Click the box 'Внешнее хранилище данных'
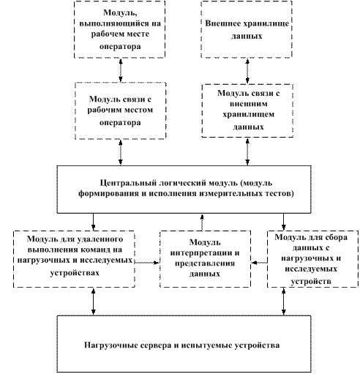(x=247, y=29)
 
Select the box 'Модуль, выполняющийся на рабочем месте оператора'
(x=120, y=29)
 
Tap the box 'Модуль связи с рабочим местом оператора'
(x=121, y=111)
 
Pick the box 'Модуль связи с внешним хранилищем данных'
(x=247, y=111)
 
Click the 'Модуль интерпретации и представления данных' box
(x=205, y=259)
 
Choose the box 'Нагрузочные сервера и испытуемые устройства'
(x=184, y=344)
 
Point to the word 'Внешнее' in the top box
(x=220, y=23)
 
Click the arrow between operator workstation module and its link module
(x=121, y=70)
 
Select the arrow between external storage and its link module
(x=247, y=71)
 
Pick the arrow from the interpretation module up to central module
(x=202, y=222)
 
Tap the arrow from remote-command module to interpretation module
(x=147, y=263)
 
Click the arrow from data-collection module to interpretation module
(x=259, y=263)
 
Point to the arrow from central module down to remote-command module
(x=93, y=222)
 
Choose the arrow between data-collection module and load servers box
(x=283, y=302)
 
